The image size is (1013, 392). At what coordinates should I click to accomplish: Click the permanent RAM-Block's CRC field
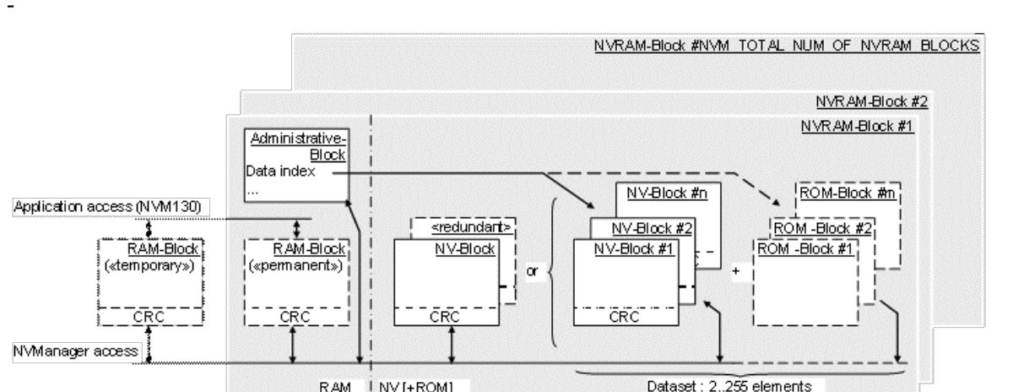[x=292, y=317]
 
